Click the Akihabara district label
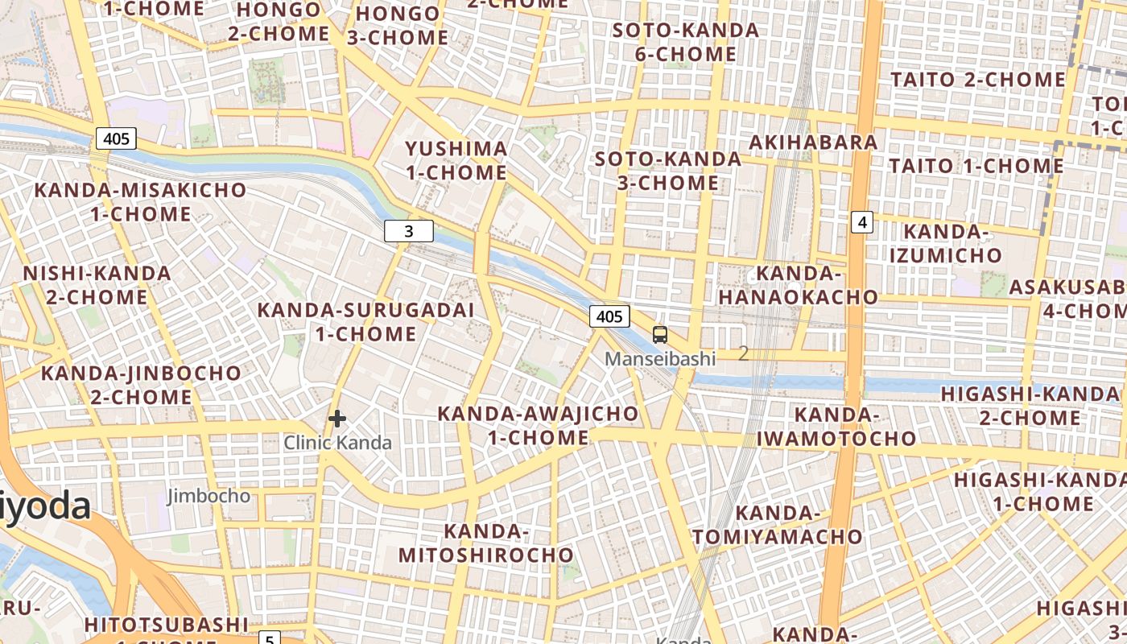(813, 142)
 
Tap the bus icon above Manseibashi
(660, 335)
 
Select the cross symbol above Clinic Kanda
(337, 419)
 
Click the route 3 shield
(409, 232)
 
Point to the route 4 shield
(862, 222)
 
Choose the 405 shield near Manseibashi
(609, 316)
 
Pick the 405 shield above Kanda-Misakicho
(117, 138)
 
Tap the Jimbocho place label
(208, 496)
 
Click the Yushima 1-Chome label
(456, 160)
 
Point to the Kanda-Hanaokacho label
(799, 285)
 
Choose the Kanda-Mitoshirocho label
(486, 543)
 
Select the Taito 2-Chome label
(978, 80)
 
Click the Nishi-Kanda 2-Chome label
(97, 285)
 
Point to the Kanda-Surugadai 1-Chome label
(365, 321)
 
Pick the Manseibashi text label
(660, 359)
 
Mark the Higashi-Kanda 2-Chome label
(1030, 406)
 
